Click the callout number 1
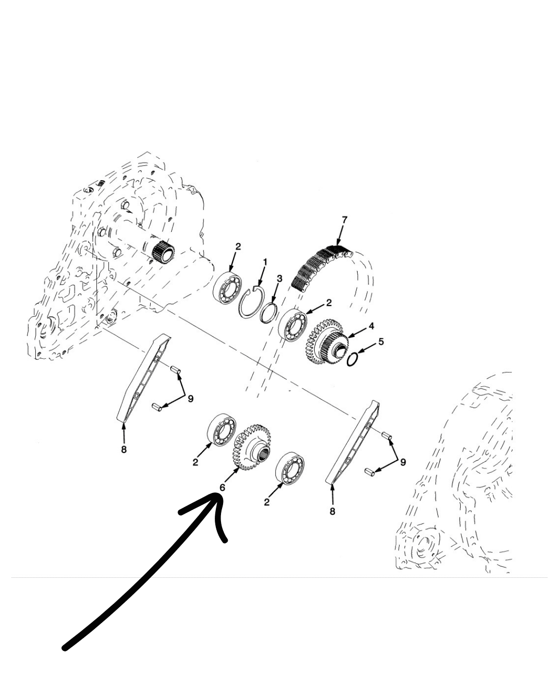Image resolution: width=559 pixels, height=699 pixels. click(x=265, y=262)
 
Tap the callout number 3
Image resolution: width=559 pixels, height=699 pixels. click(x=279, y=279)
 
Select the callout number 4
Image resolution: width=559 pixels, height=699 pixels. click(x=371, y=326)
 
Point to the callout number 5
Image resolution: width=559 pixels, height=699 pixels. click(x=381, y=341)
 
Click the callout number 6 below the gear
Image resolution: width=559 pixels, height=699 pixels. click(x=222, y=488)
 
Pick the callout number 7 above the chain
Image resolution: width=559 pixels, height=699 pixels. click(x=345, y=220)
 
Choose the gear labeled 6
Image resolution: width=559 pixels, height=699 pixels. click(x=252, y=448)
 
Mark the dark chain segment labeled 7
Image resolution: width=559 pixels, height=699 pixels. click(x=320, y=266)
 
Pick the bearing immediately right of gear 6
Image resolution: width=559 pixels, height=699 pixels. click(x=289, y=468)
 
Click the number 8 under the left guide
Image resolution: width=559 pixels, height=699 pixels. click(x=124, y=449)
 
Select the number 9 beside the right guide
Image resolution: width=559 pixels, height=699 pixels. click(x=403, y=462)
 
